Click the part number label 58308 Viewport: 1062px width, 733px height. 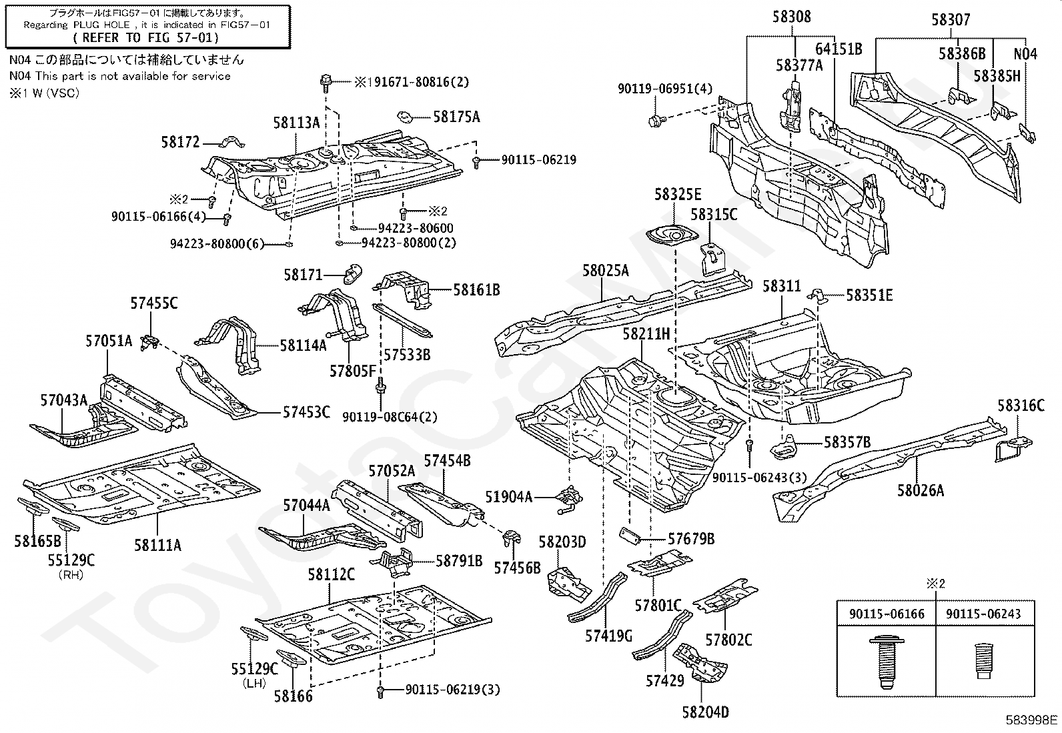pos(791,17)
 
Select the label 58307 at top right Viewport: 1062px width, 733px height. pos(951,20)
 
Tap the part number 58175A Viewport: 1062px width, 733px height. pos(456,117)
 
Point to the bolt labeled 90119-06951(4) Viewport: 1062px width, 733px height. pos(656,119)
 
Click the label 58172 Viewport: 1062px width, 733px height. pos(181,142)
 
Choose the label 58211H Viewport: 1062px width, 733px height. pos(646,333)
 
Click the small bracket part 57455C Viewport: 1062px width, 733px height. pos(150,341)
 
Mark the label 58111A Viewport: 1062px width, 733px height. pos(157,545)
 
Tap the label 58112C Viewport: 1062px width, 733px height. pos(331,575)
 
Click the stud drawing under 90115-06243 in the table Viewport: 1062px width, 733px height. pos(983,661)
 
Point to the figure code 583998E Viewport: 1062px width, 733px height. pos(1032,720)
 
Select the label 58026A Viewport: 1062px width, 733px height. pos(920,490)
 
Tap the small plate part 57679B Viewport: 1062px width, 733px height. pos(630,536)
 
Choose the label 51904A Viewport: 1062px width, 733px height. pos(508,497)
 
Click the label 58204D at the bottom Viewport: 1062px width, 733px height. pos(706,712)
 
